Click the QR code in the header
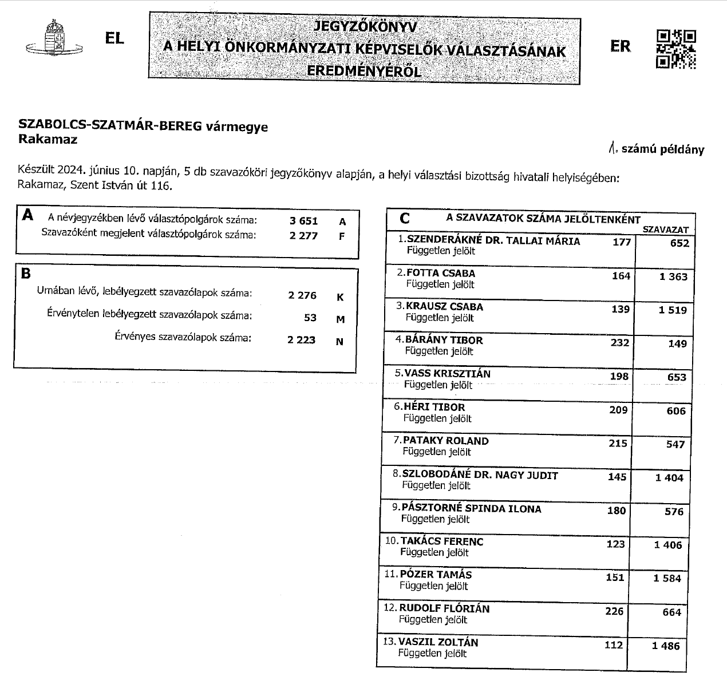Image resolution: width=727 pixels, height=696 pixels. point(675,49)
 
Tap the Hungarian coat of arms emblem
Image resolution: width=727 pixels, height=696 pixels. point(55,39)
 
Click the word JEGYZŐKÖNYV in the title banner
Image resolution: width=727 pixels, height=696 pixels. point(365,26)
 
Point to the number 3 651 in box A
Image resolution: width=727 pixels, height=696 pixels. point(303,221)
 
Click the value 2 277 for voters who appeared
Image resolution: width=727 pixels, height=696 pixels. point(303,235)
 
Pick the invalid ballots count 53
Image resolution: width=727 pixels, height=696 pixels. point(310,317)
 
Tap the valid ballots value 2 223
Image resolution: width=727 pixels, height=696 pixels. point(302,339)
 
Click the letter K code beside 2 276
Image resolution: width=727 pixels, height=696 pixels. point(340,297)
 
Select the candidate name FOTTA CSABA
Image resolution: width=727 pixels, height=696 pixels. point(441,273)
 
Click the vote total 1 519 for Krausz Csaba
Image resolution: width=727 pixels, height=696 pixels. point(673,310)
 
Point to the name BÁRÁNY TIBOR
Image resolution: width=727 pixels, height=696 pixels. point(444,340)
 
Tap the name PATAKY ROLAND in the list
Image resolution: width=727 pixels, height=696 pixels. point(446,441)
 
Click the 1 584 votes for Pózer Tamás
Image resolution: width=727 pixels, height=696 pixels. point(667,579)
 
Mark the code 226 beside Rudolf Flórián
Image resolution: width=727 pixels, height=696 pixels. point(614,611)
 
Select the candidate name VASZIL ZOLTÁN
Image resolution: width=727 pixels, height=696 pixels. point(438,642)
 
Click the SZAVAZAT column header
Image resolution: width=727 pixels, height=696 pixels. point(666,230)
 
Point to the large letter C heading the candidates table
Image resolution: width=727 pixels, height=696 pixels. point(405,218)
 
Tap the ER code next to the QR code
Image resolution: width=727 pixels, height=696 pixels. point(620,46)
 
